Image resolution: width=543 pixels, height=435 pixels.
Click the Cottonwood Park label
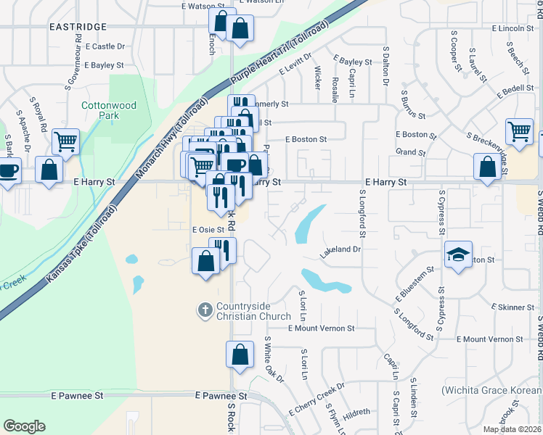tap(109, 110)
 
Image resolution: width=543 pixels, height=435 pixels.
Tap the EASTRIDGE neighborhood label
tap(78, 27)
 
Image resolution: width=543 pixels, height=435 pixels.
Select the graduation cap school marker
tap(457, 255)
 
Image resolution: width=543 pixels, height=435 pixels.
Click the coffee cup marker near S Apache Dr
tap(9, 172)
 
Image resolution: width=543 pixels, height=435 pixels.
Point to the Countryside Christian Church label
tap(244, 311)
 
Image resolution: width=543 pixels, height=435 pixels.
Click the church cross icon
tap(205, 310)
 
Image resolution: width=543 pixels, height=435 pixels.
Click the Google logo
tap(24, 426)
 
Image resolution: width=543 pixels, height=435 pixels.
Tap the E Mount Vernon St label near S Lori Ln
tap(320, 328)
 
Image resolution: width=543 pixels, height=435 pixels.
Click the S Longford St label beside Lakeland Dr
tap(361, 214)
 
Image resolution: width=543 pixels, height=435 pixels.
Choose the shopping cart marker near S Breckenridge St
tap(519, 132)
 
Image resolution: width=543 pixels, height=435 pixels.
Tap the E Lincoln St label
tap(513, 28)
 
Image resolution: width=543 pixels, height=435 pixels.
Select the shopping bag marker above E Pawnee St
tap(240, 355)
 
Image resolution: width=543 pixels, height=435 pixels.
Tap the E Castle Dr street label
tap(105, 46)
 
